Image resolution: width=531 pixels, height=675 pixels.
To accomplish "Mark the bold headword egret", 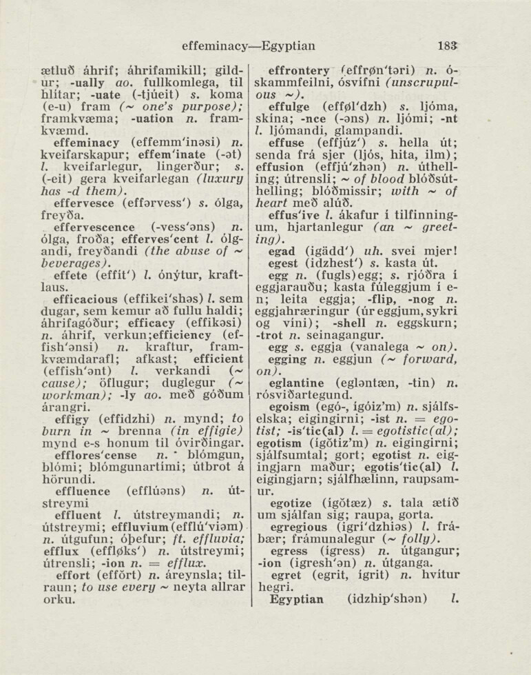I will [284, 574].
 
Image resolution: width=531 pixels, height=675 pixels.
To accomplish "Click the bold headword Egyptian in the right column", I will [297, 598].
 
